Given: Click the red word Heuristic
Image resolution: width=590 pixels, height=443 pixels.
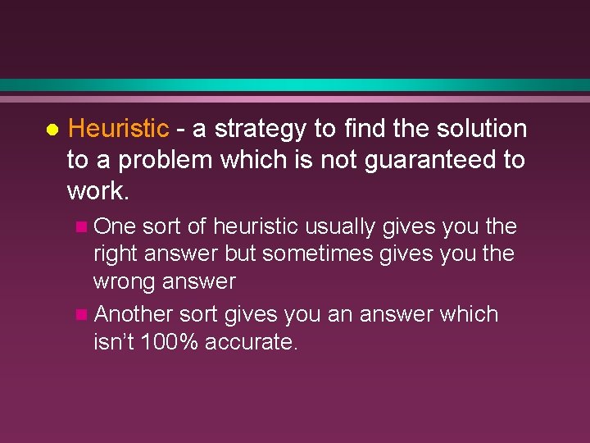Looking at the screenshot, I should (118, 129).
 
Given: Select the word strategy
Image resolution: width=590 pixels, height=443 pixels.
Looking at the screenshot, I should (262, 129).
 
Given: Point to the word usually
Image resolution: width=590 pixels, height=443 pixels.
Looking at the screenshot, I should (339, 226).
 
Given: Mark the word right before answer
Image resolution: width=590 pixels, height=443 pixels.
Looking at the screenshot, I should (115, 253).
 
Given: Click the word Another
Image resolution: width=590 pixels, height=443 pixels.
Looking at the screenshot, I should (134, 314).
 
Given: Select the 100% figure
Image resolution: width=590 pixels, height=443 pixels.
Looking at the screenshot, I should (170, 342).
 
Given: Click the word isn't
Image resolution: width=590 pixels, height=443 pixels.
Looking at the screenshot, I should (114, 342).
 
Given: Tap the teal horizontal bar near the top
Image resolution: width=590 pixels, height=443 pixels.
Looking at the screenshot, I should (295, 85).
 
